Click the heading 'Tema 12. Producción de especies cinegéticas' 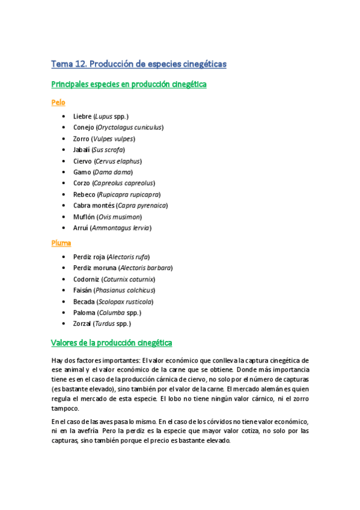pos(138,64)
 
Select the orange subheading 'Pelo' pos(58,102)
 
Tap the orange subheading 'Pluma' pos(61,243)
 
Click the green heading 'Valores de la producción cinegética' pos(112,343)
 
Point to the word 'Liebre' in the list pos(82,116)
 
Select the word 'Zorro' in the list pos(82,139)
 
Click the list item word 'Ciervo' pos(83,161)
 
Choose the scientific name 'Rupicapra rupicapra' pos(129,194)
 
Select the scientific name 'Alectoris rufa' pos(129,257)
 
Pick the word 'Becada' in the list pos(84,301)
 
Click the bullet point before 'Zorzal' pos(64,324)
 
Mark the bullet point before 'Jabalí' pos(64,150)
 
